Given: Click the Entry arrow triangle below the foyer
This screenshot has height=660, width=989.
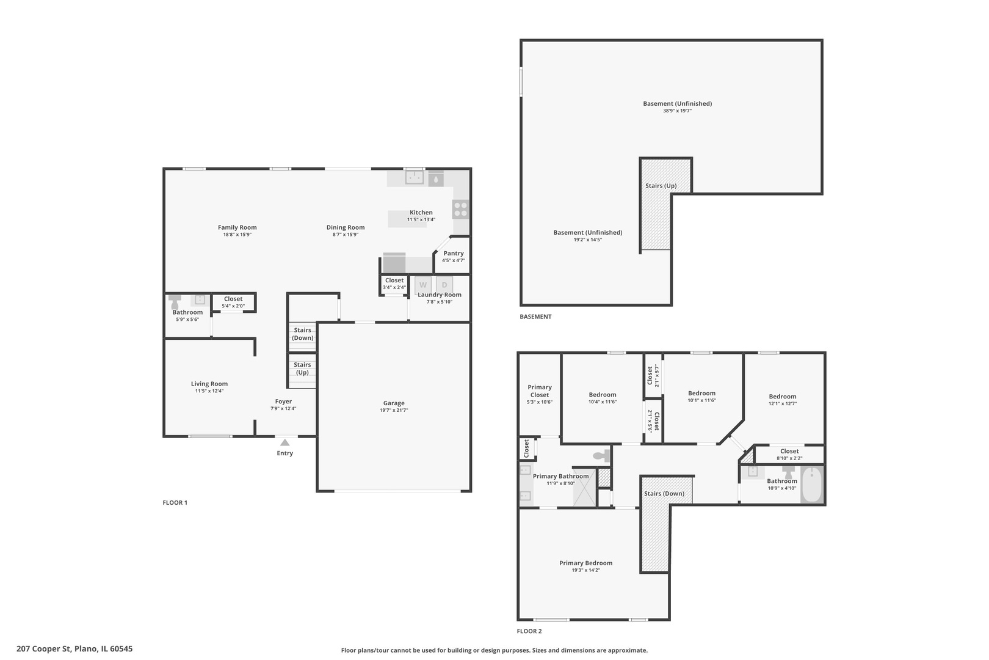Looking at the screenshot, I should pos(284,442).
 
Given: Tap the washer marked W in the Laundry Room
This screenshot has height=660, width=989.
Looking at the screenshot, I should pos(422,285).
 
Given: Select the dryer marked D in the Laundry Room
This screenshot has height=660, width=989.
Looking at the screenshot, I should pos(444,285).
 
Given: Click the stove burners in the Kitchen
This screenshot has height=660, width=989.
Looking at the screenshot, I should pos(461,209).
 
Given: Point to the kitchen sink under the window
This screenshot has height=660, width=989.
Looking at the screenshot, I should pos(415,178).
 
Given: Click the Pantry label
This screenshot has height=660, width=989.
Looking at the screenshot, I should pos(454,253).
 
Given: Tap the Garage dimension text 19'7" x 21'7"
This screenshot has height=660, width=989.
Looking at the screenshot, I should pos(394,411).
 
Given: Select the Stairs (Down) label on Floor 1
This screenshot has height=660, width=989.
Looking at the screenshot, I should pos(302,334).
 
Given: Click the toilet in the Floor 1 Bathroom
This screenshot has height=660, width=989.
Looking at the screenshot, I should pos(176,302).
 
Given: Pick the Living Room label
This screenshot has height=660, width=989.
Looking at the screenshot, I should pos(209,384).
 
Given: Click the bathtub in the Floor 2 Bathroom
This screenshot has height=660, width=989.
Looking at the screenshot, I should pos(812,485).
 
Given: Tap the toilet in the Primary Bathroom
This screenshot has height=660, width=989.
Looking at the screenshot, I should pos(603,456).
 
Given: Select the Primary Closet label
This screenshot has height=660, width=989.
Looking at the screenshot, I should pos(540,391).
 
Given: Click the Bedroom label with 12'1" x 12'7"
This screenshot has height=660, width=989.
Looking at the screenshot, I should pos(783,396).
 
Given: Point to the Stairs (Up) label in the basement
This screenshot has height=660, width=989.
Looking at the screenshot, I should pos(661,186).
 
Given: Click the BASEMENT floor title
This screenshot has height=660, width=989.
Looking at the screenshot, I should pos(535,317).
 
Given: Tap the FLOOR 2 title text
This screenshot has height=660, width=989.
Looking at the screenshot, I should pos(529,631).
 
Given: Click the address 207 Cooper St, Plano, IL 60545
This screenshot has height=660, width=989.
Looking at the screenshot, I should pos(74,649).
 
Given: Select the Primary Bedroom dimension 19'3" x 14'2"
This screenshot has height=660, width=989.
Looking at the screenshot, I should pos(586,570).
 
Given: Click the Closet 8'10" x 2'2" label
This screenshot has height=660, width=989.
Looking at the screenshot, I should pos(789,451).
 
